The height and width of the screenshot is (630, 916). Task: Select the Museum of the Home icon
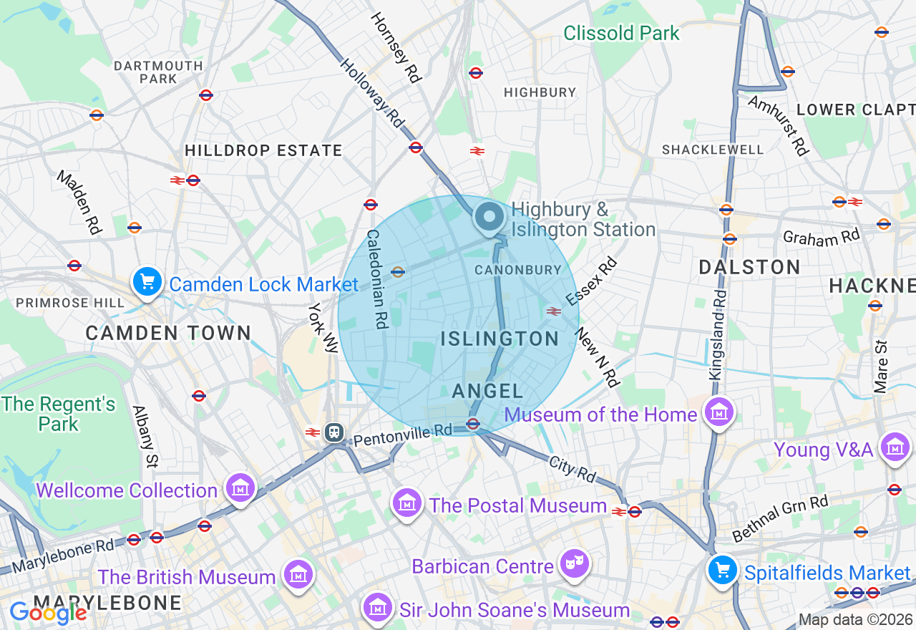coord(718,412)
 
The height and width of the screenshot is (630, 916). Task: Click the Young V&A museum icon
coord(895,447)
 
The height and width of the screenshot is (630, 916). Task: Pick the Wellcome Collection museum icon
coord(240,488)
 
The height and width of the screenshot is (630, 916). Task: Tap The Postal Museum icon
coord(407,503)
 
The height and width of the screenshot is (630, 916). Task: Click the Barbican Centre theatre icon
coord(574,564)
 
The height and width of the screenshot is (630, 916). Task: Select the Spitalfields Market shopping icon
coord(723,571)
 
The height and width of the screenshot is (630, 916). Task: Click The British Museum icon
coord(297,574)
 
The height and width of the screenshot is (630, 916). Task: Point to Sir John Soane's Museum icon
coord(376,608)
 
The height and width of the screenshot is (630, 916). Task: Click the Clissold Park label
coord(621,33)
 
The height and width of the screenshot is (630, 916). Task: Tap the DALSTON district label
coord(749,268)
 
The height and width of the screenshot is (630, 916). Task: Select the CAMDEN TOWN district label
coord(168,333)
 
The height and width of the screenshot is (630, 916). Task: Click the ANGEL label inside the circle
coord(487,391)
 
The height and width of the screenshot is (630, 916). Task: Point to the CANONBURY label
coord(518,270)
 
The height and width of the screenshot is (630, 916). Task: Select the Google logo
coord(48,612)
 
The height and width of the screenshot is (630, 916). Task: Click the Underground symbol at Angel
coord(472,424)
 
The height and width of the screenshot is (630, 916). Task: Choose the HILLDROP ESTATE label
coord(263,151)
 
